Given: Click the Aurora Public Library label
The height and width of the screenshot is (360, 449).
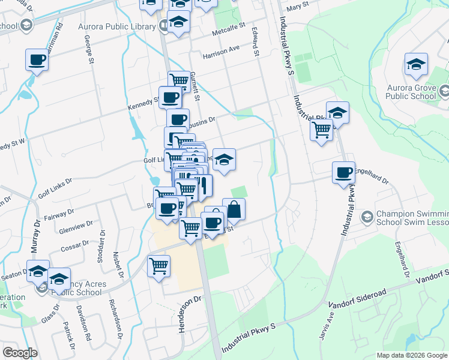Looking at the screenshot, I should click(116, 26).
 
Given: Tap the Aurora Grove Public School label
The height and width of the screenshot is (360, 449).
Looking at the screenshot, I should click(411, 91).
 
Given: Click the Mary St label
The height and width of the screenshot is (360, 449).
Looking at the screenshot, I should click(297, 5).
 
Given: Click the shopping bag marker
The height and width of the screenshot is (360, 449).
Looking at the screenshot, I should click(234, 209).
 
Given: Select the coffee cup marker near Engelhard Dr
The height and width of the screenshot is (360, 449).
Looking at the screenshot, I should click(343, 173).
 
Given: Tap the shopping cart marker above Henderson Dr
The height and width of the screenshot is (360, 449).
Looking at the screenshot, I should click(158, 265).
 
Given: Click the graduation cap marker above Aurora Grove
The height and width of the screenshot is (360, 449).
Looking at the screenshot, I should click(416, 64).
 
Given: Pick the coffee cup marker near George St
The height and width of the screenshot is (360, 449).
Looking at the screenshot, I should click(37, 60).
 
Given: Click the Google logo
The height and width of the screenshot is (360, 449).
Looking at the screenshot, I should click(20, 353).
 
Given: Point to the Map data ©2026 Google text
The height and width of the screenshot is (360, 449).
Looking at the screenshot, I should click(411, 355).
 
